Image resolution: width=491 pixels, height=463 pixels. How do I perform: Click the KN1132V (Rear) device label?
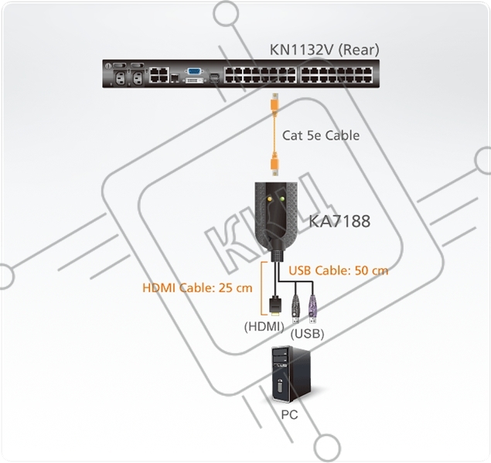[325, 49]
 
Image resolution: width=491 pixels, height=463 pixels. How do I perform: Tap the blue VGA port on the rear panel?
[195, 71]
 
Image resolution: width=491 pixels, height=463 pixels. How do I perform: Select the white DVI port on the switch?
[195, 80]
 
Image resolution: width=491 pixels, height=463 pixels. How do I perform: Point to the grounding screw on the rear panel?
[108, 66]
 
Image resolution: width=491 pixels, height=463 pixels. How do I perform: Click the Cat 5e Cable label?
[321, 135]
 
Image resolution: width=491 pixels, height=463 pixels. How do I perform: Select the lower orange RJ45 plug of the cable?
[274, 165]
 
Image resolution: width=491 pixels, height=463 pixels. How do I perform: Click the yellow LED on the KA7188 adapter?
[269, 199]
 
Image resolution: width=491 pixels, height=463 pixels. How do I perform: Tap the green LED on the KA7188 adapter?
[282, 199]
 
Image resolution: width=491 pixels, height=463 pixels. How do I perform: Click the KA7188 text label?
[339, 221]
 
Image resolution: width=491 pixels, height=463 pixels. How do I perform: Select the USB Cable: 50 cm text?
[339, 271]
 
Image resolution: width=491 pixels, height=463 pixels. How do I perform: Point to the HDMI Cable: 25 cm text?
[197, 288]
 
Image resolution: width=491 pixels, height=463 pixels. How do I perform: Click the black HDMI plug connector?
[275, 305]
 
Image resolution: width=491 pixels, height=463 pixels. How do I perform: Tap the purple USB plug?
[312, 309]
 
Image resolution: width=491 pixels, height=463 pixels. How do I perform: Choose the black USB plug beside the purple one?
[296, 309]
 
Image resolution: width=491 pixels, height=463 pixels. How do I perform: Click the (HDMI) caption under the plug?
[264, 327]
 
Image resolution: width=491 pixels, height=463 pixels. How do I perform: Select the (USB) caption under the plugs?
[307, 335]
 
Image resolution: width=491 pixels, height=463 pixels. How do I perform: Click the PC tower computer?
[292, 374]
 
